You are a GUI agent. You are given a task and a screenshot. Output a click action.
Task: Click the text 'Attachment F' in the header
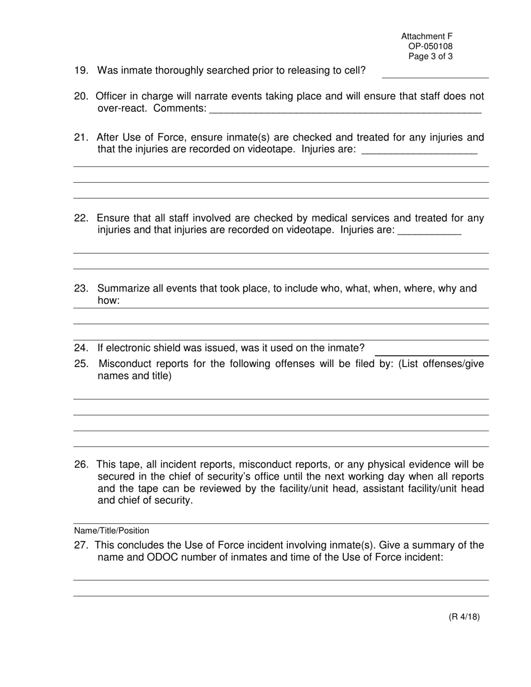tap(426, 36)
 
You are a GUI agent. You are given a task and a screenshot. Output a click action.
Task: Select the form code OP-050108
tap(430, 46)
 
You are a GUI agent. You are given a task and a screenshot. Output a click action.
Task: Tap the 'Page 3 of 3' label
tap(430, 56)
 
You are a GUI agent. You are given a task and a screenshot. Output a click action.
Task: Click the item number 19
tap(81, 70)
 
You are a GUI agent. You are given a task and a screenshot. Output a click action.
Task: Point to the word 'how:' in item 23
tap(108, 301)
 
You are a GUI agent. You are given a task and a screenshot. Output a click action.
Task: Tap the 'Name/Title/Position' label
tap(111, 531)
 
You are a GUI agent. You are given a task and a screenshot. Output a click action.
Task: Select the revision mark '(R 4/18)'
tap(464, 617)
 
